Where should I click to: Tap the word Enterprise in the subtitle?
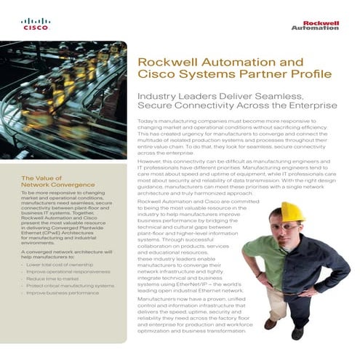click(312, 105)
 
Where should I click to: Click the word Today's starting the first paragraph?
click(148, 119)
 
